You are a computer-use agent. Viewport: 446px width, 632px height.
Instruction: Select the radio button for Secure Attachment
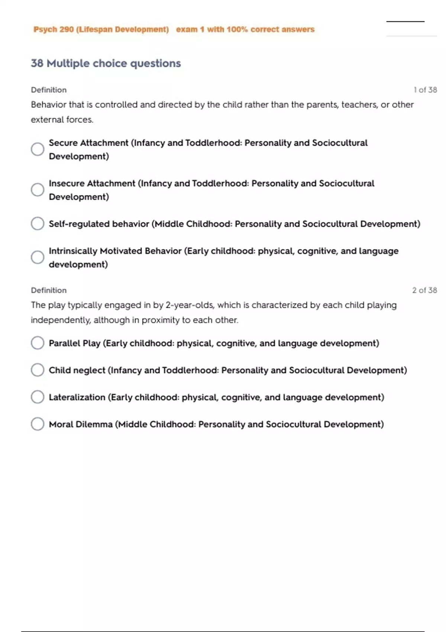(38, 149)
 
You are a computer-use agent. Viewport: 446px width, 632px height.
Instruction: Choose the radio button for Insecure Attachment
(38, 190)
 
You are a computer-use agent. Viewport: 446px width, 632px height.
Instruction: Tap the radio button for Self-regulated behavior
(38, 223)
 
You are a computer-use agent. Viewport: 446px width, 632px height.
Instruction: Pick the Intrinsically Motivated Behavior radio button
(38, 257)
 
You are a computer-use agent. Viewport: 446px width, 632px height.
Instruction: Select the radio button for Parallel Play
(38, 343)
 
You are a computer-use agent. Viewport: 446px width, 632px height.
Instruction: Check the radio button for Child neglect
(38, 370)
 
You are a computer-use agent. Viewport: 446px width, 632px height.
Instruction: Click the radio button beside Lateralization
(38, 397)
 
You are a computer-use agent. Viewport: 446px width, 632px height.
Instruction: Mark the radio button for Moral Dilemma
(38, 424)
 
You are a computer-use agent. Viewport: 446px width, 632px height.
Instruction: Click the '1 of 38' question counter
(425, 90)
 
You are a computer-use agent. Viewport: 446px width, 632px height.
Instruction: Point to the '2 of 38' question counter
(424, 290)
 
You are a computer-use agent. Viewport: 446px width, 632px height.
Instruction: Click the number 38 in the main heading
(37, 63)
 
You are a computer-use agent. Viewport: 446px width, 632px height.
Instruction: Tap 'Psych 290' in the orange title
(54, 29)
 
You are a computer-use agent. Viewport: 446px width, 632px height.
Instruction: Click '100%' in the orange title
(237, 29)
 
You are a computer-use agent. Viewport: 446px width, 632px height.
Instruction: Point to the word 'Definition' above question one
(49, 90)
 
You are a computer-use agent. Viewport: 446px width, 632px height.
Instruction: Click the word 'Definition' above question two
(49, 290)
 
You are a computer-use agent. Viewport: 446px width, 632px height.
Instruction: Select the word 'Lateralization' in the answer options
(77, 397)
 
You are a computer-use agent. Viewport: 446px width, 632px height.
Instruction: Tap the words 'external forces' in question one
(62, 120)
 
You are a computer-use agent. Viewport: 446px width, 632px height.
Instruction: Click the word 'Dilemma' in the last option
(95, 424)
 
